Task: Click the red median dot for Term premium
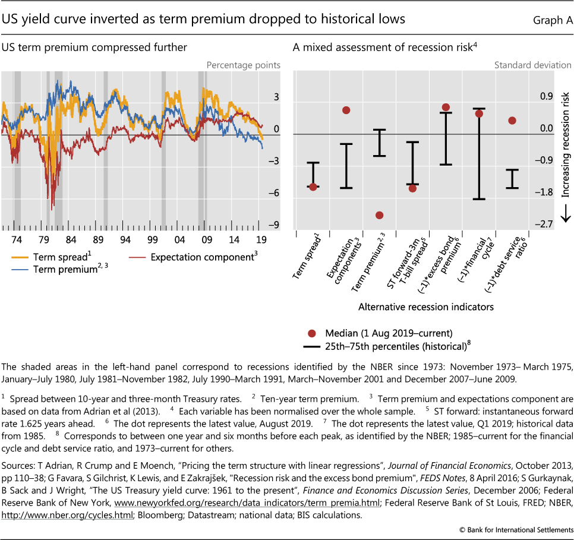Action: point(380,215)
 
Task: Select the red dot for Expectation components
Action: point(346,110)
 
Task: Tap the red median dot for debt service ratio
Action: point(512,121)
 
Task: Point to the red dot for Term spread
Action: point(313,187)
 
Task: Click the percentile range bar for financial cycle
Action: point(479,154)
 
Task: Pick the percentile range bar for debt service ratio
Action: point(512,179)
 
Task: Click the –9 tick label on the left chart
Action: point(275,225)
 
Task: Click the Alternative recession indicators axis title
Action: point(426,307)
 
